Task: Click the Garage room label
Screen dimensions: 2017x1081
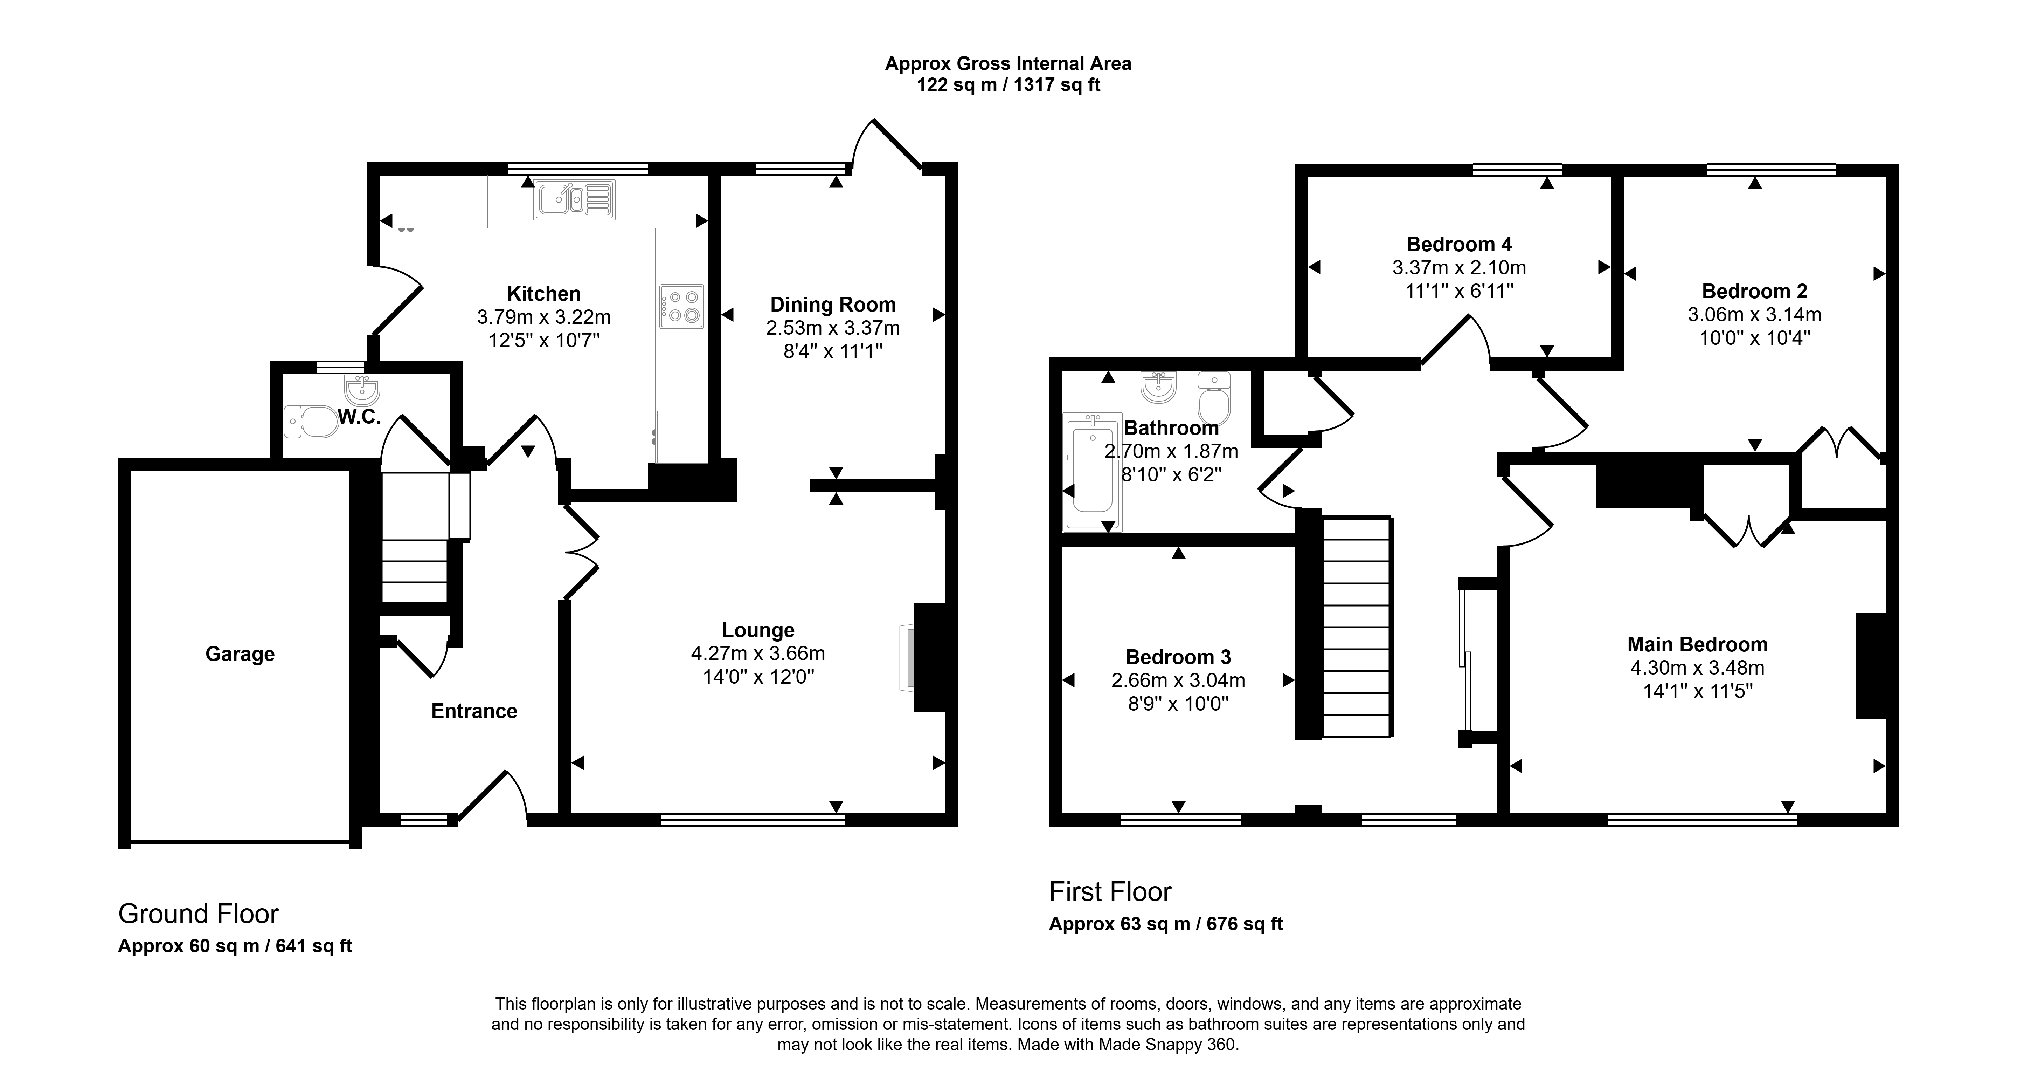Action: coord(240,654)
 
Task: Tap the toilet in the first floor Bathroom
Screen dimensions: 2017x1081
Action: coord(1214,398)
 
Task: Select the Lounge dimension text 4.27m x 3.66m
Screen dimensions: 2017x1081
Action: coord(758,653)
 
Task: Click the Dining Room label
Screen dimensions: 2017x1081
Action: coord(833,305)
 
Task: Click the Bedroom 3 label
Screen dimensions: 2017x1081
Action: coord(1178,657)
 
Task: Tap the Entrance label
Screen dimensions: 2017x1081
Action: coord(474,711)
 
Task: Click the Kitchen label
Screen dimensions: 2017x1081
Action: coord(544,294)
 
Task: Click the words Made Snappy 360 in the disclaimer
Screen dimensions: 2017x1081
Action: coord(1167,1044)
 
